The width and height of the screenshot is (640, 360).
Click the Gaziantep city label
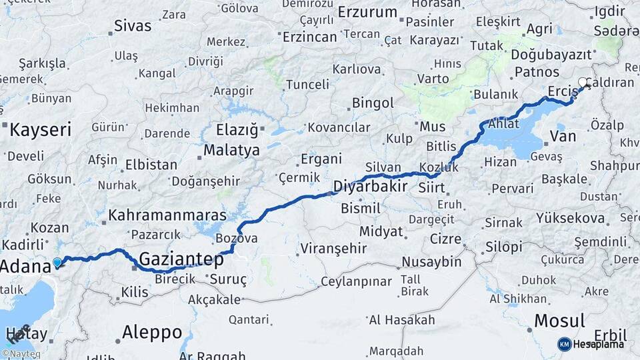[181, 258]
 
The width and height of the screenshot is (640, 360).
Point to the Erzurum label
[367, 12]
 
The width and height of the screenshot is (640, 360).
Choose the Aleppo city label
[152, 331]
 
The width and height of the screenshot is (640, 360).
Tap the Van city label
[563, 137]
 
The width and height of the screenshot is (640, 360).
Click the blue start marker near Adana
[57, 263]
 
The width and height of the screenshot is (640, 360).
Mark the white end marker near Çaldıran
[583, 83]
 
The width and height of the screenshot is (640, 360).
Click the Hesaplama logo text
[599, 344]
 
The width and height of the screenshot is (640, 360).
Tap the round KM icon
[565, 344]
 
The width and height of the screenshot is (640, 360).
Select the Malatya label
[231, 150]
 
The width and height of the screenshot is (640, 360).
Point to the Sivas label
[133, 26]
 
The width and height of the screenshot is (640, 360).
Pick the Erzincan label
[309, 37]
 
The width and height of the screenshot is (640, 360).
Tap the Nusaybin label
[431, 262]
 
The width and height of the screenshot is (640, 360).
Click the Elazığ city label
[237, 129]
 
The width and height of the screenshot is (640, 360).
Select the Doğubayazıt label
[553, 55]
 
